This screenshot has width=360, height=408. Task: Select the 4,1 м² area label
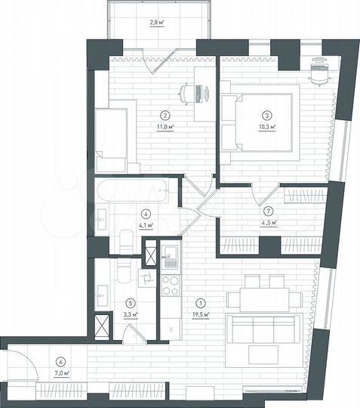click(x=146, y=224)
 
